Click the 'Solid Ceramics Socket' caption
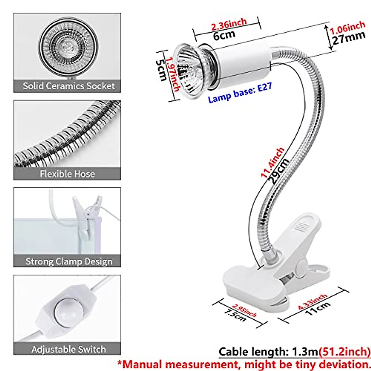tap(68, 86)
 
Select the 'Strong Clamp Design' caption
tap(69, 261)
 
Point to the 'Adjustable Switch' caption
tap(69, 350)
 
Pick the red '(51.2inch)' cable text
tap(345, 352)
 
